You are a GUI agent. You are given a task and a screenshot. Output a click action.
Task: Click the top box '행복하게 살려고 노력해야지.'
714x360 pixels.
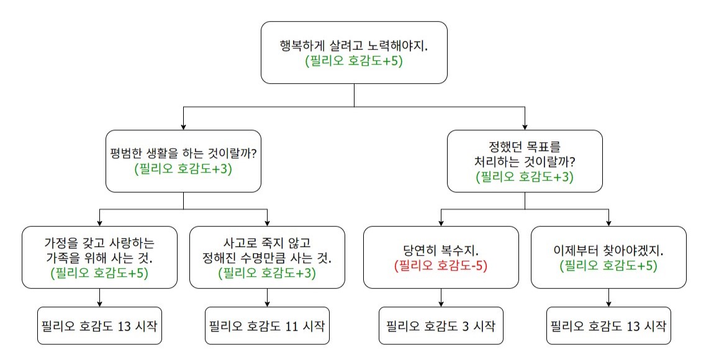tap(354, 52)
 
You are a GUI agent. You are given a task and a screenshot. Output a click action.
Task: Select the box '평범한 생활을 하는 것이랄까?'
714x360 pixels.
tap(183, 161)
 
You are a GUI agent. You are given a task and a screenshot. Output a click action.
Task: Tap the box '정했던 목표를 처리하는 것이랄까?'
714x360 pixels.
tap(525, 161)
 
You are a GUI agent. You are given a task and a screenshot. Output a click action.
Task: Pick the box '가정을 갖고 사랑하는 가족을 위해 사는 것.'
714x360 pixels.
tap(99, 257)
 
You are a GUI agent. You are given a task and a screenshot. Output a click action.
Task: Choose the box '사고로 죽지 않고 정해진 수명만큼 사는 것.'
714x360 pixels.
tap(267, 257)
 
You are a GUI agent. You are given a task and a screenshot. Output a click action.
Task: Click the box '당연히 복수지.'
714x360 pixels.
tap(441, 257)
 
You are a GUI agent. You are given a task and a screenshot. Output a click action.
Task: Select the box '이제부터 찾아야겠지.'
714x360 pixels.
tap(608, 257)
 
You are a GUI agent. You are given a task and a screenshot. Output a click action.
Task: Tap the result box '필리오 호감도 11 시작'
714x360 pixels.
tap(267, 325)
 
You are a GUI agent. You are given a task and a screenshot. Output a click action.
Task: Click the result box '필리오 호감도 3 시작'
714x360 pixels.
tap(441, 325)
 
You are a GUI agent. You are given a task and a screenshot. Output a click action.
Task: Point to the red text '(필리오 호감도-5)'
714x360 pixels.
tap(441, 265)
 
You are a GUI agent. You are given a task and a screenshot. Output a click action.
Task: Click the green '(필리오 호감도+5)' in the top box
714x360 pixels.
tap(354, 61)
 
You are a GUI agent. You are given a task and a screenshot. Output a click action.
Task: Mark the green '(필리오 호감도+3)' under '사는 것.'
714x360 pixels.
tap(267, 272)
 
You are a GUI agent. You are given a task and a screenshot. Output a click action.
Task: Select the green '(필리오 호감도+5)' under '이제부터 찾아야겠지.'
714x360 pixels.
tap(608, 265)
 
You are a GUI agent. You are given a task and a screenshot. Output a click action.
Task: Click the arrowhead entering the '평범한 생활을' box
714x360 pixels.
tap(183, 127)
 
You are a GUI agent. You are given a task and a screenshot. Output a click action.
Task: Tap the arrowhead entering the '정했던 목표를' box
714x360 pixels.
tap(525, 127)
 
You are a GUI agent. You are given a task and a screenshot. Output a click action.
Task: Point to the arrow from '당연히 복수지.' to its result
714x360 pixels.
tap(441, 298)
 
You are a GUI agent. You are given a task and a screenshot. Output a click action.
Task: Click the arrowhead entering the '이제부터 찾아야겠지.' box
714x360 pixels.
tap(608, 223)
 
